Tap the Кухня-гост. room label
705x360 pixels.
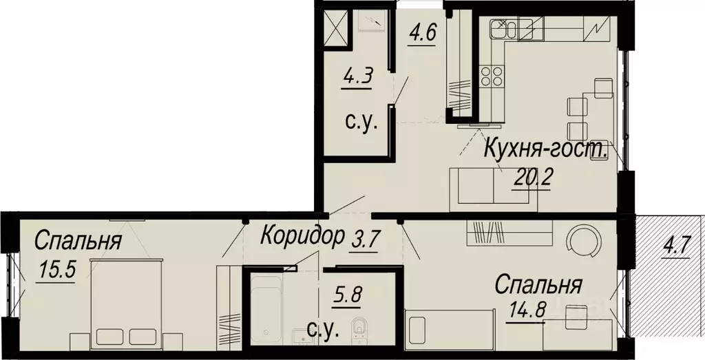tap(545, 148)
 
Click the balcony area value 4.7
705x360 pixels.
tap(677, 245)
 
